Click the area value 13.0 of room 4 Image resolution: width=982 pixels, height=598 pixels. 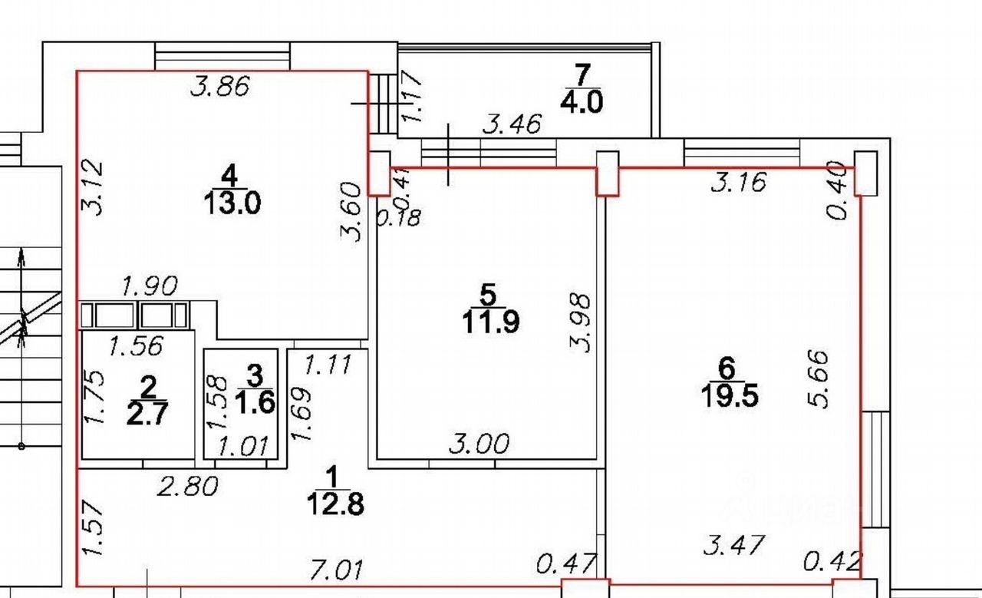click(229, 204)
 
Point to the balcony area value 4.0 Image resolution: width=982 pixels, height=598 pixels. click(582, 102)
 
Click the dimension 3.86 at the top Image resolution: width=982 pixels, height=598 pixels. click(220, 87)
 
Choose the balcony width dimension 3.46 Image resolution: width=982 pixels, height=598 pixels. click(512, 124)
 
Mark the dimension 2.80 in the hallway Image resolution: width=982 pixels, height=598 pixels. click(187, 485)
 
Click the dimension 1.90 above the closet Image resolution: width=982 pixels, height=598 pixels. click(150, 286)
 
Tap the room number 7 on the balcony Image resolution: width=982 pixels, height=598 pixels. click(582, 75)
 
